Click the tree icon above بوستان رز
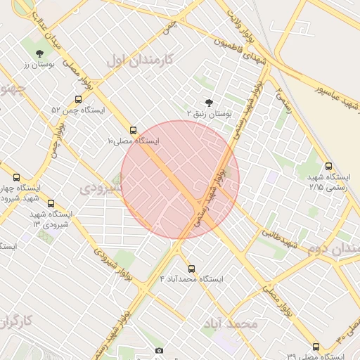coord(39,53)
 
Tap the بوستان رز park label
coord(39,65)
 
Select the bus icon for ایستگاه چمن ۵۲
coord(78,100)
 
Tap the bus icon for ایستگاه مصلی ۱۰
coord(134,130)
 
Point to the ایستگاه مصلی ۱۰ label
coord(133,141)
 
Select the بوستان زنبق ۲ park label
coord(209,113)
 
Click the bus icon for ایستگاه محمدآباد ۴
coord(191,268)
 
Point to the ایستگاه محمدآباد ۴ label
coord(191,279)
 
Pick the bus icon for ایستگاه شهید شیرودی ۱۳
coord(50,202)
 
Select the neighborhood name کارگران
coord(18,322)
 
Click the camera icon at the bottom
coord(160,350)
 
